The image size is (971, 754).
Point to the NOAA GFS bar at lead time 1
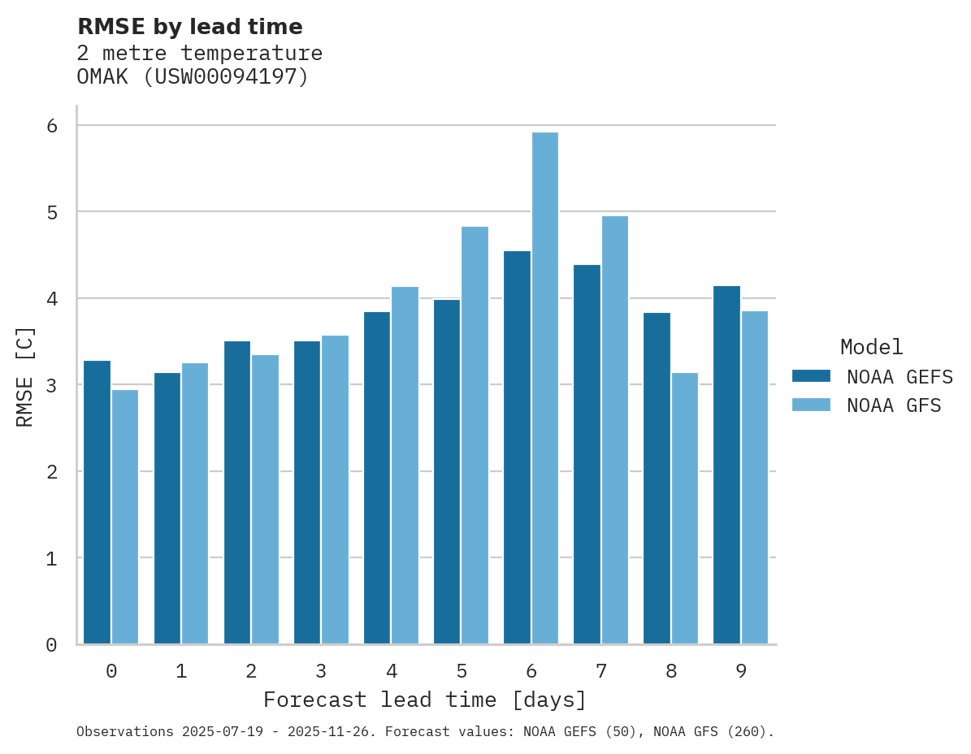tap(195, 504)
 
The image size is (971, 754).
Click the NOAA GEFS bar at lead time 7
tap(587, 455)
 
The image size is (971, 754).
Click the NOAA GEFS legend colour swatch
tap(811, 376)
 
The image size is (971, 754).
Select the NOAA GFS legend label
tap(894, 405)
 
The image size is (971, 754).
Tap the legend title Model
tap(871, 348)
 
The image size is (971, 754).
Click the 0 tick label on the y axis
tap(52, 645)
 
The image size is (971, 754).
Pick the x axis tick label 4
tap(391, 672)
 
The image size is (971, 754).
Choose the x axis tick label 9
tap(740, 672)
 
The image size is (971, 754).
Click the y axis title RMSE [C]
tap(26, 376)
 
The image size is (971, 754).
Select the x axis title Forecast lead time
tap(424, 700)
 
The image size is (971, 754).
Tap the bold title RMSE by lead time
tap(189, 27)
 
